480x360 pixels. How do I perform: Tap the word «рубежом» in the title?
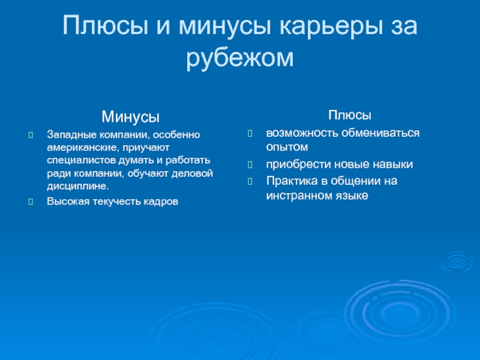coord(240,58)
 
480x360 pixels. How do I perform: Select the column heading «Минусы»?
coord(130,116)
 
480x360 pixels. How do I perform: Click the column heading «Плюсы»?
coord(350,115)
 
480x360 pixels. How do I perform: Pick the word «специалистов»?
coord(82,160)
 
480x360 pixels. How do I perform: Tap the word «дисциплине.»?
coord(78,186)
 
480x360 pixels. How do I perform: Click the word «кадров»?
coord(161,202)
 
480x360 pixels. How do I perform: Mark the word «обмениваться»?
coord(380,133)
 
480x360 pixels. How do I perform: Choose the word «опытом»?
coord(287,147)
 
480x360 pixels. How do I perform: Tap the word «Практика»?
coord(292,181)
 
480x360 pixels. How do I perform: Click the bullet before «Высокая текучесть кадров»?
coord(31,202)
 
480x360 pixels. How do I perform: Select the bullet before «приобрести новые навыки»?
coord(250,164)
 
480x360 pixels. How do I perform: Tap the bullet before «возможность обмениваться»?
coord(250,133)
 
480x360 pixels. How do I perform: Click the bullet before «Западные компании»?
coord(31,134)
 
